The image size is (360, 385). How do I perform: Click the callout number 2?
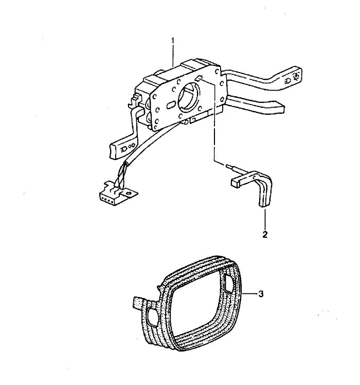click(x=264, y=234)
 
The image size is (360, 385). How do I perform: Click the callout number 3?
click(x=261, y=294)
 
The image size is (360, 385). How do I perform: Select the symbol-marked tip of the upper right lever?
click(x=294, y=76)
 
